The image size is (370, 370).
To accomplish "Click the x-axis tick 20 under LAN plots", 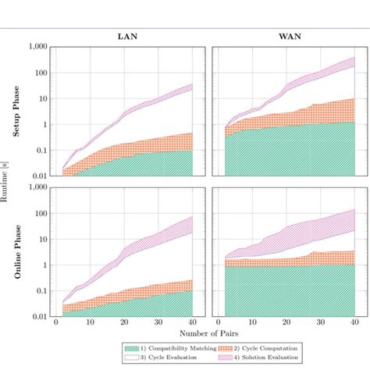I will pos(125,323).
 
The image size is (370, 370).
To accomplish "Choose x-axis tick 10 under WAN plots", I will pos(251,323).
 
